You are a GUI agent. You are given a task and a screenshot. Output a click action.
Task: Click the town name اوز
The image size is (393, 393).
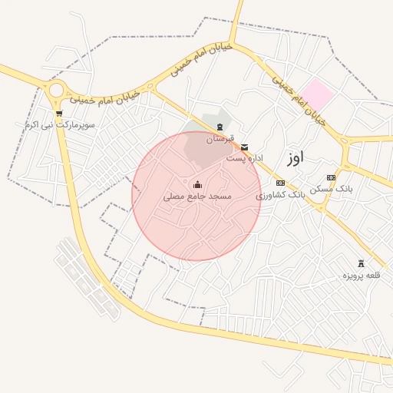point(295,157)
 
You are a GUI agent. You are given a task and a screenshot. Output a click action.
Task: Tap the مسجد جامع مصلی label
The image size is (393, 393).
point(197,196)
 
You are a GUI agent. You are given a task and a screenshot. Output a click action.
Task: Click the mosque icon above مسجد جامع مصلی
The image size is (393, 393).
point(198,184)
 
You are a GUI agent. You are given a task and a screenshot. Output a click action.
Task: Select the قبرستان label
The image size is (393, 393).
point(220,139)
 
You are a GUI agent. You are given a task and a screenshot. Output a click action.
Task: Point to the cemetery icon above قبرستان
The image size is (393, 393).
point(221,127)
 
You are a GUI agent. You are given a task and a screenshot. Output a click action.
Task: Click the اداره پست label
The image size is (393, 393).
point(246,157)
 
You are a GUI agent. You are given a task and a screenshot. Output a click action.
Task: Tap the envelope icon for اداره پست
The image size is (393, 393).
point(245,146)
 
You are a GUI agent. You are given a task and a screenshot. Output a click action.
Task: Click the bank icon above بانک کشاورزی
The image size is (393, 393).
point(280,183)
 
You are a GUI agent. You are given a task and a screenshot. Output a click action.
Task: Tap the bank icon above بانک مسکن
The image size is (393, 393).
point(331,177)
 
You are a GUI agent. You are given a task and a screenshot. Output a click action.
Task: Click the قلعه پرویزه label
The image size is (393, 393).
point(361,275)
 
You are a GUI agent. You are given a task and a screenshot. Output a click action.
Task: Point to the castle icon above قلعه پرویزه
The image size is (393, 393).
point(361,263)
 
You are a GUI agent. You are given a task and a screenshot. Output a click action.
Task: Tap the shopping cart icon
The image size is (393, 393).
point(59,114)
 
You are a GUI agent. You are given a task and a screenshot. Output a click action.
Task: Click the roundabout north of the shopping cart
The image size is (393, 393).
point(54,91)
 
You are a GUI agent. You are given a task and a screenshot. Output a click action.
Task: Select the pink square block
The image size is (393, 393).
point(316,94)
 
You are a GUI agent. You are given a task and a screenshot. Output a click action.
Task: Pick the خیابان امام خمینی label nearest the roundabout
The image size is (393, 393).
point(104,98)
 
